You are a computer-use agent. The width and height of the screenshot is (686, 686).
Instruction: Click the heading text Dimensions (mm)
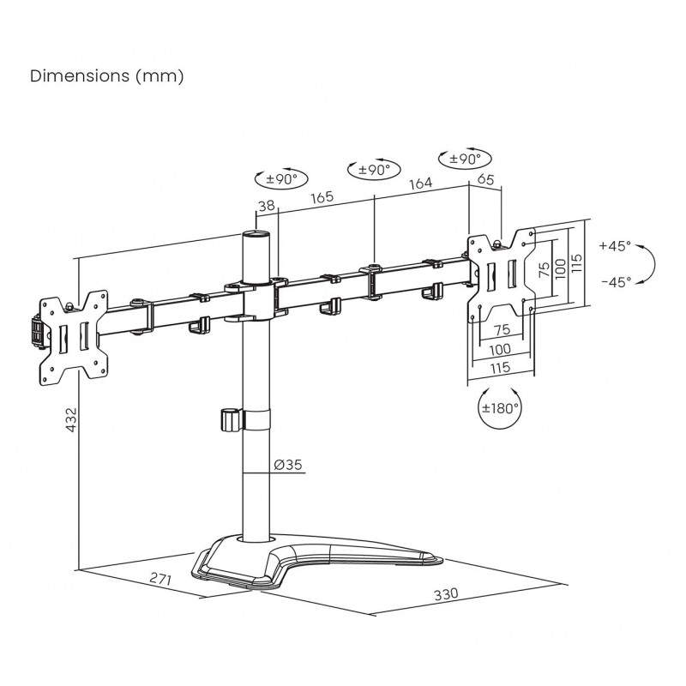[107, 76]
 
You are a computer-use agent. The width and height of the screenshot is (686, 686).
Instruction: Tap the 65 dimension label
[484, 179]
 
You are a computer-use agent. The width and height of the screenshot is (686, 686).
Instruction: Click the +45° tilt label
[615, 245]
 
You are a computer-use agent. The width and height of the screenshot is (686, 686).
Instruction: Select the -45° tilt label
[615, 280]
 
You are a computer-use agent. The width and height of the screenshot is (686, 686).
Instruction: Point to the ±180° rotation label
[500, 408]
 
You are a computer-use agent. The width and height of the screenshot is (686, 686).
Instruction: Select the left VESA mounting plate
[75, 334]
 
